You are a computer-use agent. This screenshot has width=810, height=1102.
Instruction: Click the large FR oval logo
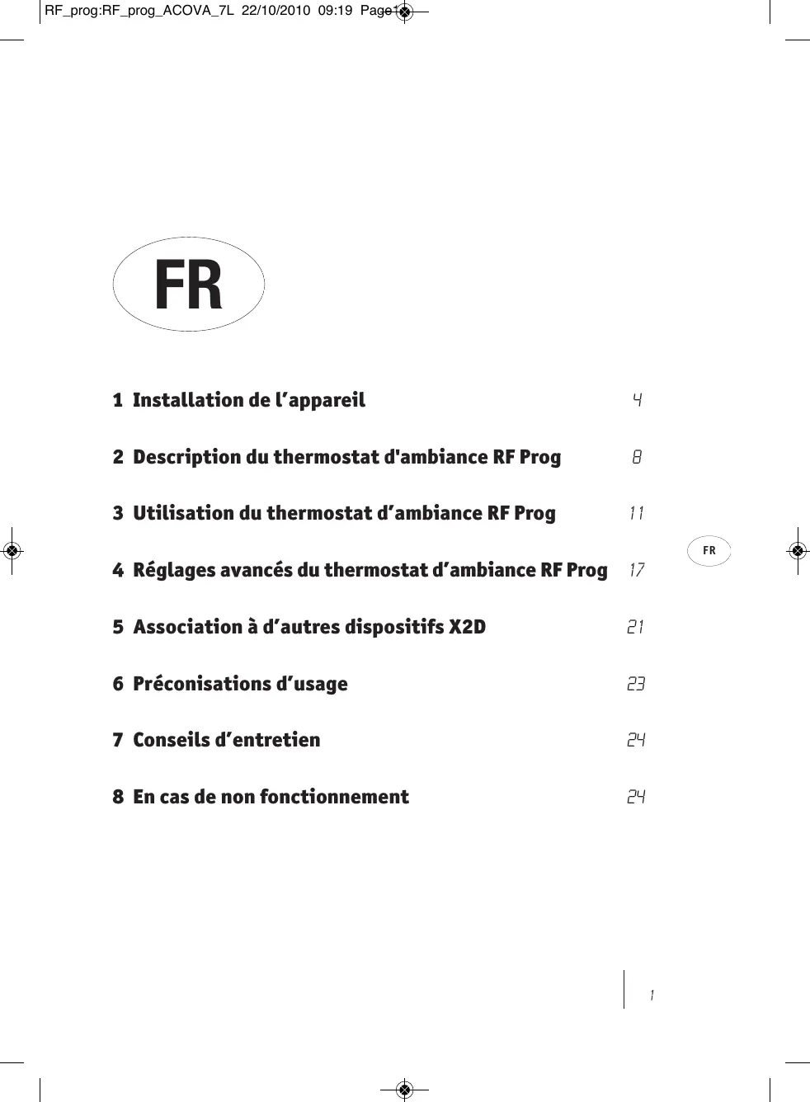point(188,285)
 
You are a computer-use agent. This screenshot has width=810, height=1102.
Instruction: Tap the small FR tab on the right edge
point(709,550)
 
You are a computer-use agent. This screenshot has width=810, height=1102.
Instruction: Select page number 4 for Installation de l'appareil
point(637,400)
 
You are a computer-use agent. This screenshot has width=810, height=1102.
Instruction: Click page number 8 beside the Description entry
point(637,457)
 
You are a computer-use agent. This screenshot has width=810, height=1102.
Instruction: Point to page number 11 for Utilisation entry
point(636,513)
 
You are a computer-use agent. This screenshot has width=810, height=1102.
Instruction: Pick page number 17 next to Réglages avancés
point(636,570)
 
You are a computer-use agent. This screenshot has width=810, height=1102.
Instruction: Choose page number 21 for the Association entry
point(635,627)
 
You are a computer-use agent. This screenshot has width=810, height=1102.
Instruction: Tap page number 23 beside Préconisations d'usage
point(635,684)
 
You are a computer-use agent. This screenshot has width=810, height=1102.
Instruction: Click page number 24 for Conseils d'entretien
point(635,740)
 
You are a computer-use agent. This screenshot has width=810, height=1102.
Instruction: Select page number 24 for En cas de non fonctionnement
point(635,797)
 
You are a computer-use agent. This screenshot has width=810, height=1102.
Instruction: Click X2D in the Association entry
point(467,627)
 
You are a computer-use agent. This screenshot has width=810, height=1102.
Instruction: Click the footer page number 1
point(652,996)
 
